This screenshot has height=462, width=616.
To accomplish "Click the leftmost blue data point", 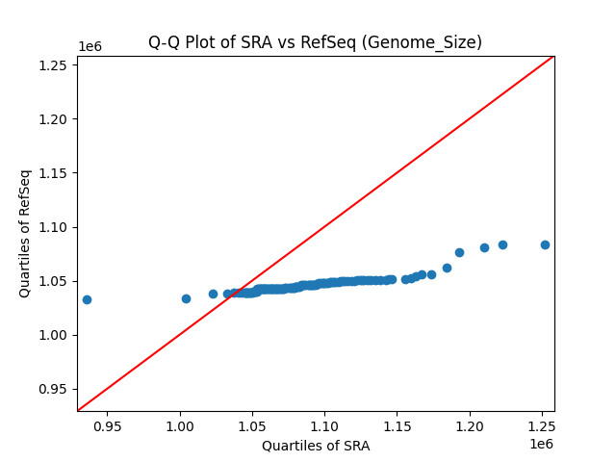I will (x=87, y=299).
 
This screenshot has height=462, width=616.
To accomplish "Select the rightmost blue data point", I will (x=545, y=244).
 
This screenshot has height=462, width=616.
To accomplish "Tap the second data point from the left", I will (x=186, y=298).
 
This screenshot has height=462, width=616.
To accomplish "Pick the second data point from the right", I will (x=502, y=244).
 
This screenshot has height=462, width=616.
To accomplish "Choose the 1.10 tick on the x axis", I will (x=325, y=411).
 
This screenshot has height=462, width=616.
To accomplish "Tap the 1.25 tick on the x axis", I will (x=542, y=411).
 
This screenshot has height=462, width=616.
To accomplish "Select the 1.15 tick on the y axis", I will (x=77, y=173).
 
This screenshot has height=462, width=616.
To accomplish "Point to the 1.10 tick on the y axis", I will (x=77, y=227).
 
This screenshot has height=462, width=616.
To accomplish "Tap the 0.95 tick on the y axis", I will (x=77, y=389).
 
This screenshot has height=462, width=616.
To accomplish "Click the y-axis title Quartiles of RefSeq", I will (x=25, y=233).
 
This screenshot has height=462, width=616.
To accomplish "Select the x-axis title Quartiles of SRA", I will (x=316, y=446).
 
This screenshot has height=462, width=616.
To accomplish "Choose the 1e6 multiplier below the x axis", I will (x=540, y=444).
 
